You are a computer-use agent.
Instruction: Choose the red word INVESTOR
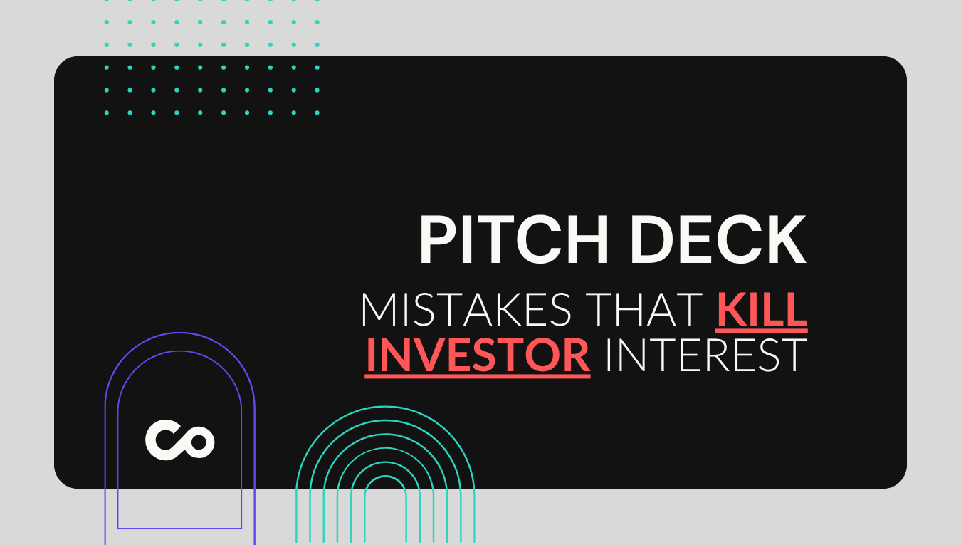(x=478, y=354)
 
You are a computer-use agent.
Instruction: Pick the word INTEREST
(x=705, y=354)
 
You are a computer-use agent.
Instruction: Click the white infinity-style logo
(x=180, y=440)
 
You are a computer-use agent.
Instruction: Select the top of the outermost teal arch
(x=385, y=407)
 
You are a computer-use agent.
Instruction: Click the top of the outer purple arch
(x=180, y=333)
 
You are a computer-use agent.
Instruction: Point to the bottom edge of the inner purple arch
(x=180, y=528)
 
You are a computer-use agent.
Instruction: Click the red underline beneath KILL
(x=762, y=331)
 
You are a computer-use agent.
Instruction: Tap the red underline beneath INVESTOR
(x=478, y=375)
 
